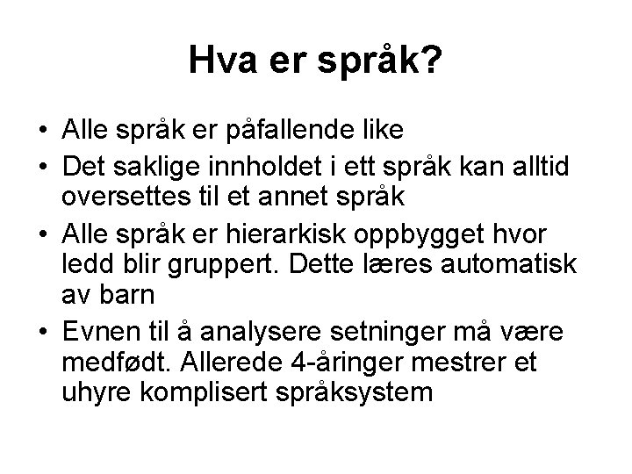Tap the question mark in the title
click(x=433, y=61)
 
